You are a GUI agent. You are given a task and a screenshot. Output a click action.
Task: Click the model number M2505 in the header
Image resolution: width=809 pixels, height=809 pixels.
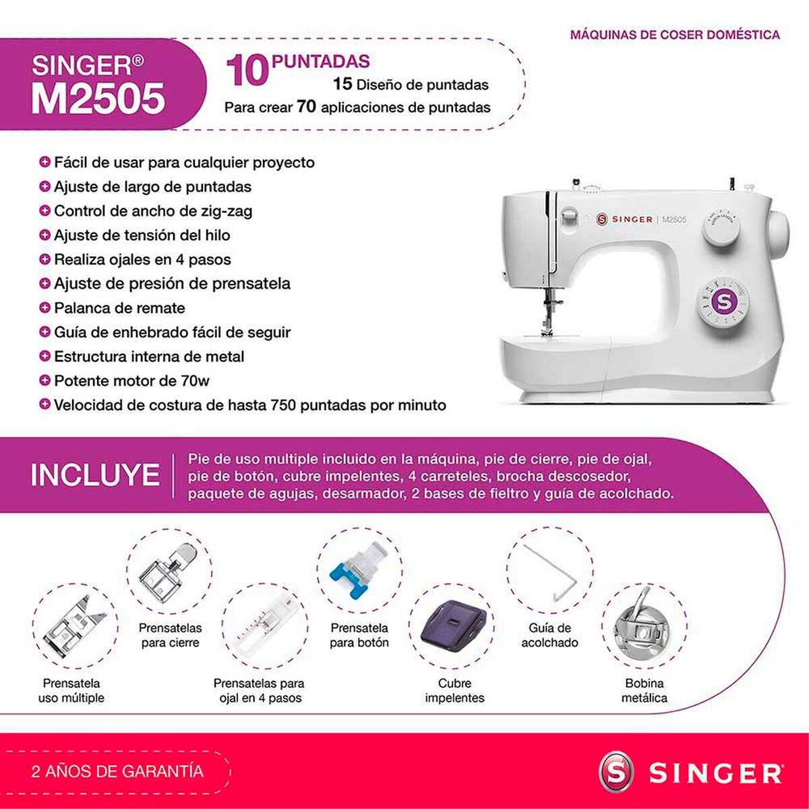tap(98, 98)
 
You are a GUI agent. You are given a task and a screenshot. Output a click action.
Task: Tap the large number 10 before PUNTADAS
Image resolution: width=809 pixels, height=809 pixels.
tap(247, 71)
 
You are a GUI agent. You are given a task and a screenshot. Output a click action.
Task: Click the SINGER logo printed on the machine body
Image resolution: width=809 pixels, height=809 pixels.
tap(624, 219)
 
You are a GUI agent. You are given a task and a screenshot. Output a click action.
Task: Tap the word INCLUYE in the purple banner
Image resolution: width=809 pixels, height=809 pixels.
tap(95, 475)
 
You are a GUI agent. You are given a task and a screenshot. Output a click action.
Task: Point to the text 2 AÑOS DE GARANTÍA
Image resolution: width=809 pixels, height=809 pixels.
tap(117, 771)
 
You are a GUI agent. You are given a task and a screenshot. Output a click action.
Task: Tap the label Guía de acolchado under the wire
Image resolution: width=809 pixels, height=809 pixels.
tap(549, 635)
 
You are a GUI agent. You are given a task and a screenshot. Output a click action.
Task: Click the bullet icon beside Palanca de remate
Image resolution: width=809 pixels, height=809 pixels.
tap(45, 308)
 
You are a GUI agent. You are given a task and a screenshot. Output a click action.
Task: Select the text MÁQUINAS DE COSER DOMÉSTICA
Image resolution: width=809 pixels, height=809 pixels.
tap(675, 35)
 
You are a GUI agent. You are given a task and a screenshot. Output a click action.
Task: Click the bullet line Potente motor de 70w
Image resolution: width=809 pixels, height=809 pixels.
tap(131, 381)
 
